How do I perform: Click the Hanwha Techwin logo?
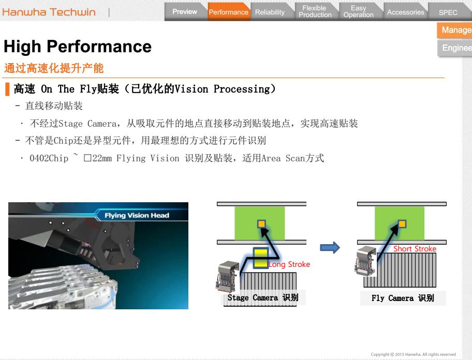click(x=49, y=12)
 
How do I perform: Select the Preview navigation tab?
click(x=185, y=12)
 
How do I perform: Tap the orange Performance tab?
click(x=229, y=12)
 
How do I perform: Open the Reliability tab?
click(x=270, y=12)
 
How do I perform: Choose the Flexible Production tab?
click(x=315, y=11)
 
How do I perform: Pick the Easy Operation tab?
click(x=359, y=11)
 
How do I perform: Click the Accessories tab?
click(x=405, y=12)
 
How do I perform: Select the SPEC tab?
click(x=448, y=12)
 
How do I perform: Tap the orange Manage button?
click(x=455, y=30)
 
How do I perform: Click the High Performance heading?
click(x=78, y=47)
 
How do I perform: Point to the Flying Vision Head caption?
click(x=137, y=215)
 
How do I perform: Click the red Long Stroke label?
click(x=289, y=264)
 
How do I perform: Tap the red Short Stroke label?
click(x=415, y=249)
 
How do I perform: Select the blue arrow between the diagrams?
click(x=330, y=248)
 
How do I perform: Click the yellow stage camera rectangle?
click(x=261, y=258)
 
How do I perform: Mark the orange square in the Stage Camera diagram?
click(x=261, y=224)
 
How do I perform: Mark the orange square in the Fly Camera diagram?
click(x=402, y=224)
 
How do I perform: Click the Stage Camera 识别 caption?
click(x=263, y=298)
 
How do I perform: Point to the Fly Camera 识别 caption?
click(x=403, y=298)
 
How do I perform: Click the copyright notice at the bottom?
click(x=414, y=354)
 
